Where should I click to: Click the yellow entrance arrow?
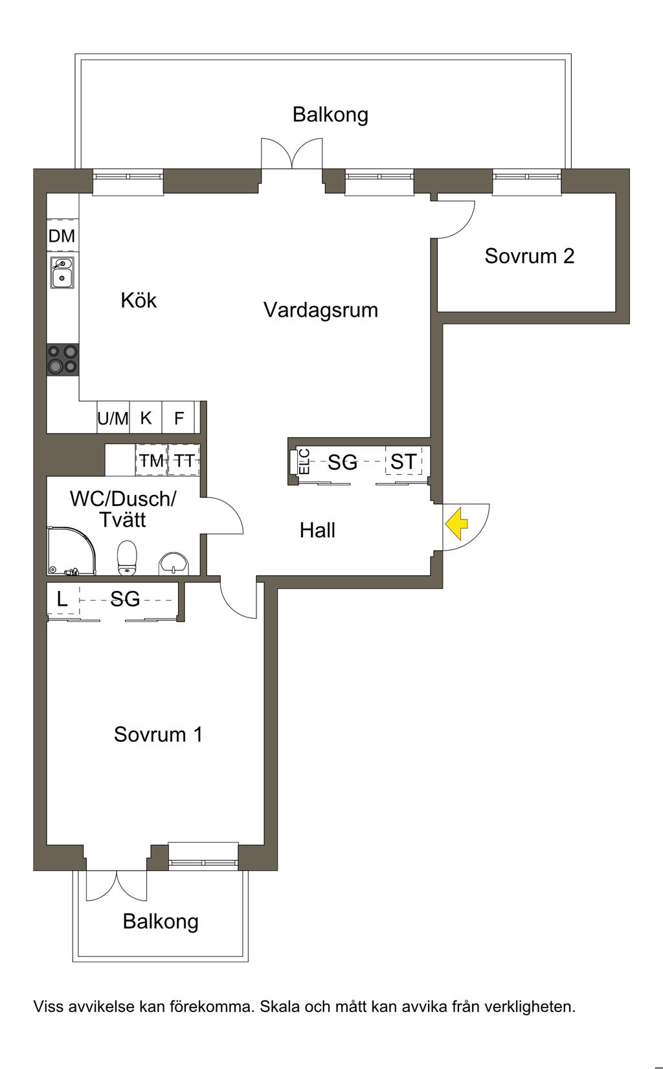[457, 523]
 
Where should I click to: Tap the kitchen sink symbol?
[62, 273]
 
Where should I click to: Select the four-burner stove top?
[62, 360]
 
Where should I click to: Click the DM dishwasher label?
[62, 236]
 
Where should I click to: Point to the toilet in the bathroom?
[128, 558]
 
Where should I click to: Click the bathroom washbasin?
[174, 563]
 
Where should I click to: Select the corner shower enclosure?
[71, 551]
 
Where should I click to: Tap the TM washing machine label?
[152, 461]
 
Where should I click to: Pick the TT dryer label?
[184, 461]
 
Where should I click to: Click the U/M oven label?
[113, 419]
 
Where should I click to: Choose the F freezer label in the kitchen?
[179, 419]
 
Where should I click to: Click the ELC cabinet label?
[304, 461]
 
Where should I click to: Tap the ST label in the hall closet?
[403, 461]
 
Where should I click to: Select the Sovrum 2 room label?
[530, 256]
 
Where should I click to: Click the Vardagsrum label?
[320, 310]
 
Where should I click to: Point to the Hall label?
[317, 531]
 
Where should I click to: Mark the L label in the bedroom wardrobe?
[62, 599]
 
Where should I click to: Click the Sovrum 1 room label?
[158, 734]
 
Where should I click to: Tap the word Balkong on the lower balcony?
[161, 921]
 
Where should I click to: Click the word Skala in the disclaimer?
[280, 1007]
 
